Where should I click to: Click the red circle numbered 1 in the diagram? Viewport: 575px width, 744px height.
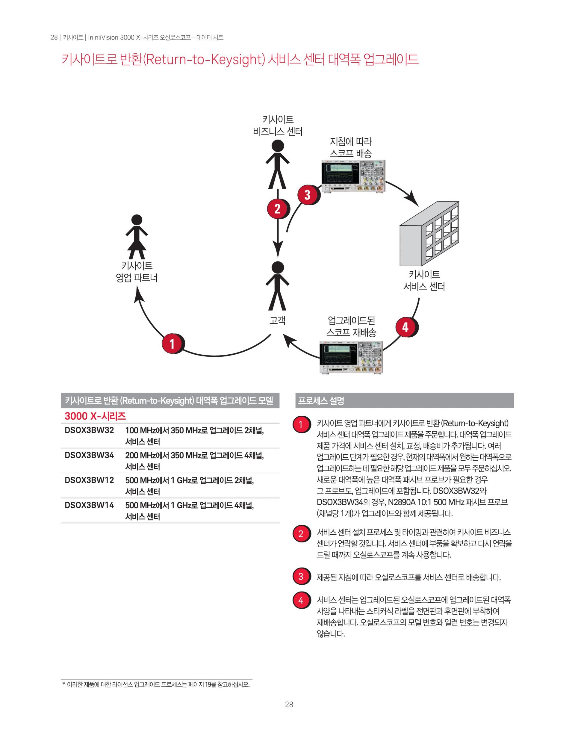172,344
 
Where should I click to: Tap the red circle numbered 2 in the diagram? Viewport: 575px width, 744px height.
277,208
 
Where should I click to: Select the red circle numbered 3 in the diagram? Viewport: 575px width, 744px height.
307,195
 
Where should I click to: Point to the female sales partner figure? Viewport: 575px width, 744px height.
137,236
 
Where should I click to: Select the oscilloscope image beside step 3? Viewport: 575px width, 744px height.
353,176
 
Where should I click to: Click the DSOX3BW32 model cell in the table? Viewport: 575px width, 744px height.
89,430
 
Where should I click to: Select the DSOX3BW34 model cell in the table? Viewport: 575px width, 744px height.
89,455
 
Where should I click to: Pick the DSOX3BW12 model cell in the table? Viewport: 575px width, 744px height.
89,480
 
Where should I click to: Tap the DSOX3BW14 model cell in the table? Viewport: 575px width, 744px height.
89,505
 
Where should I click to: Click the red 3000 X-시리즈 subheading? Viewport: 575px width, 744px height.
95,416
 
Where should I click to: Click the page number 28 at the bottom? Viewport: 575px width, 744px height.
289,704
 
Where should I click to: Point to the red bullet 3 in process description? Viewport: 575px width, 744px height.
300,576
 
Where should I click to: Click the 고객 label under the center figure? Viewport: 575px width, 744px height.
277,320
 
